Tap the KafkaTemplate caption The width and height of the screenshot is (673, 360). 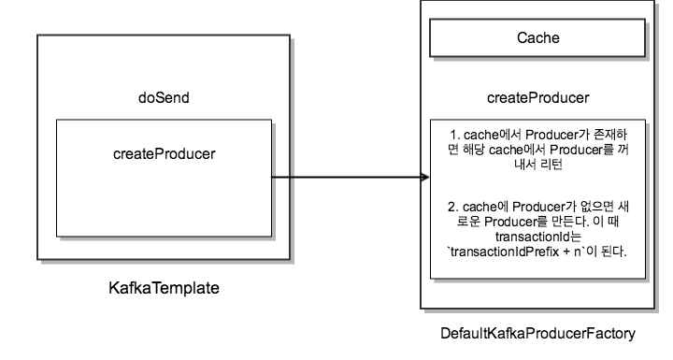[x=165, y=288]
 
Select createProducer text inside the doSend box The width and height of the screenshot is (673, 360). [x=164, y=152]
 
